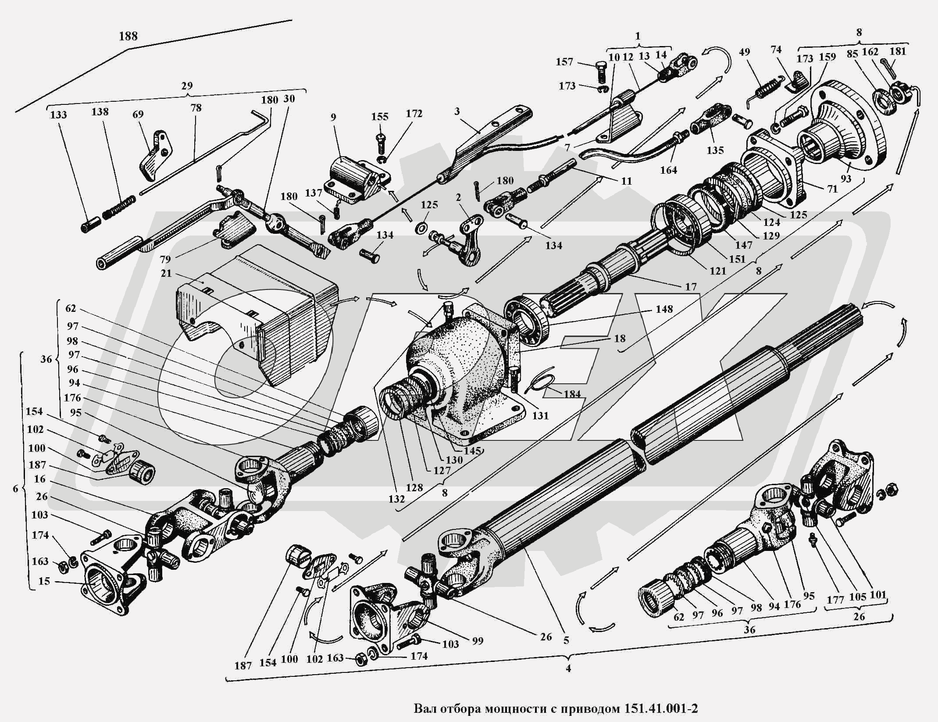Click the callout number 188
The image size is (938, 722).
pyautogui.click(x=128, y=36)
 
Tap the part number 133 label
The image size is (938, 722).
pyautogui.click(x=58, y=115)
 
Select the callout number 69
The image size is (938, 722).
pyautogui.click(x=138, y=115)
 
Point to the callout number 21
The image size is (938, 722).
pyautogui.click(x=166, y=273)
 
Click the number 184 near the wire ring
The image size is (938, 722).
pyautogui.click(x=572, y=394)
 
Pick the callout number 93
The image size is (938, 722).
pyautogui.click(x=845, y=179)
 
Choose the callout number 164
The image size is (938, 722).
pyautogui.click(x=669, y=170)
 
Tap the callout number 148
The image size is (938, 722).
pyautogui.click(x=664, y=309)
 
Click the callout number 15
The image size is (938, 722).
pyautogui.click(x=44, y=581)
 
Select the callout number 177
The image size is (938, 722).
pyautogui.click(x=835, y=599)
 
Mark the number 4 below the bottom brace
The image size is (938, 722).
pyautogui.click(x=568, y=669)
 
